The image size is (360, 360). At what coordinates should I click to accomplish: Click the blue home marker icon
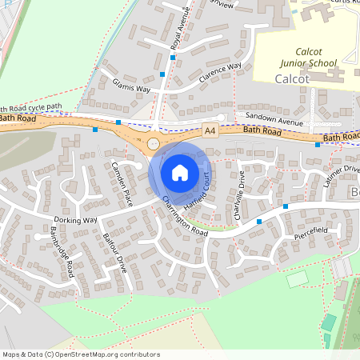(180, 172)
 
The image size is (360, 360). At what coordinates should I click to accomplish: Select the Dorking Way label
(75, 219)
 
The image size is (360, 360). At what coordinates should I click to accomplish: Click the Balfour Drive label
(115, 253)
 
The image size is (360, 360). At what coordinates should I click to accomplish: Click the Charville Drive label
(239, 191)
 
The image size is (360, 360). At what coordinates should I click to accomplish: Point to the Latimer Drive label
(343, 177)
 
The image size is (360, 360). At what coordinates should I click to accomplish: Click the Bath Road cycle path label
(32, 106)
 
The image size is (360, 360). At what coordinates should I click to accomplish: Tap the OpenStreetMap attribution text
(80, 354)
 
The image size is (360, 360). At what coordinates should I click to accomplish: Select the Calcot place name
(290, 79)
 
